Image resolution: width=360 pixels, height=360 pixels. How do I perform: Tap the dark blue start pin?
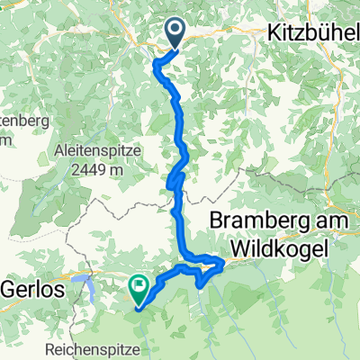click(x=175, y=32)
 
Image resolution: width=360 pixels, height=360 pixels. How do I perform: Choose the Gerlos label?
click(x=31, y=290)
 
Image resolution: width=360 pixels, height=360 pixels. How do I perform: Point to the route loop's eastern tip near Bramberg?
click(x=222, y=260)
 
